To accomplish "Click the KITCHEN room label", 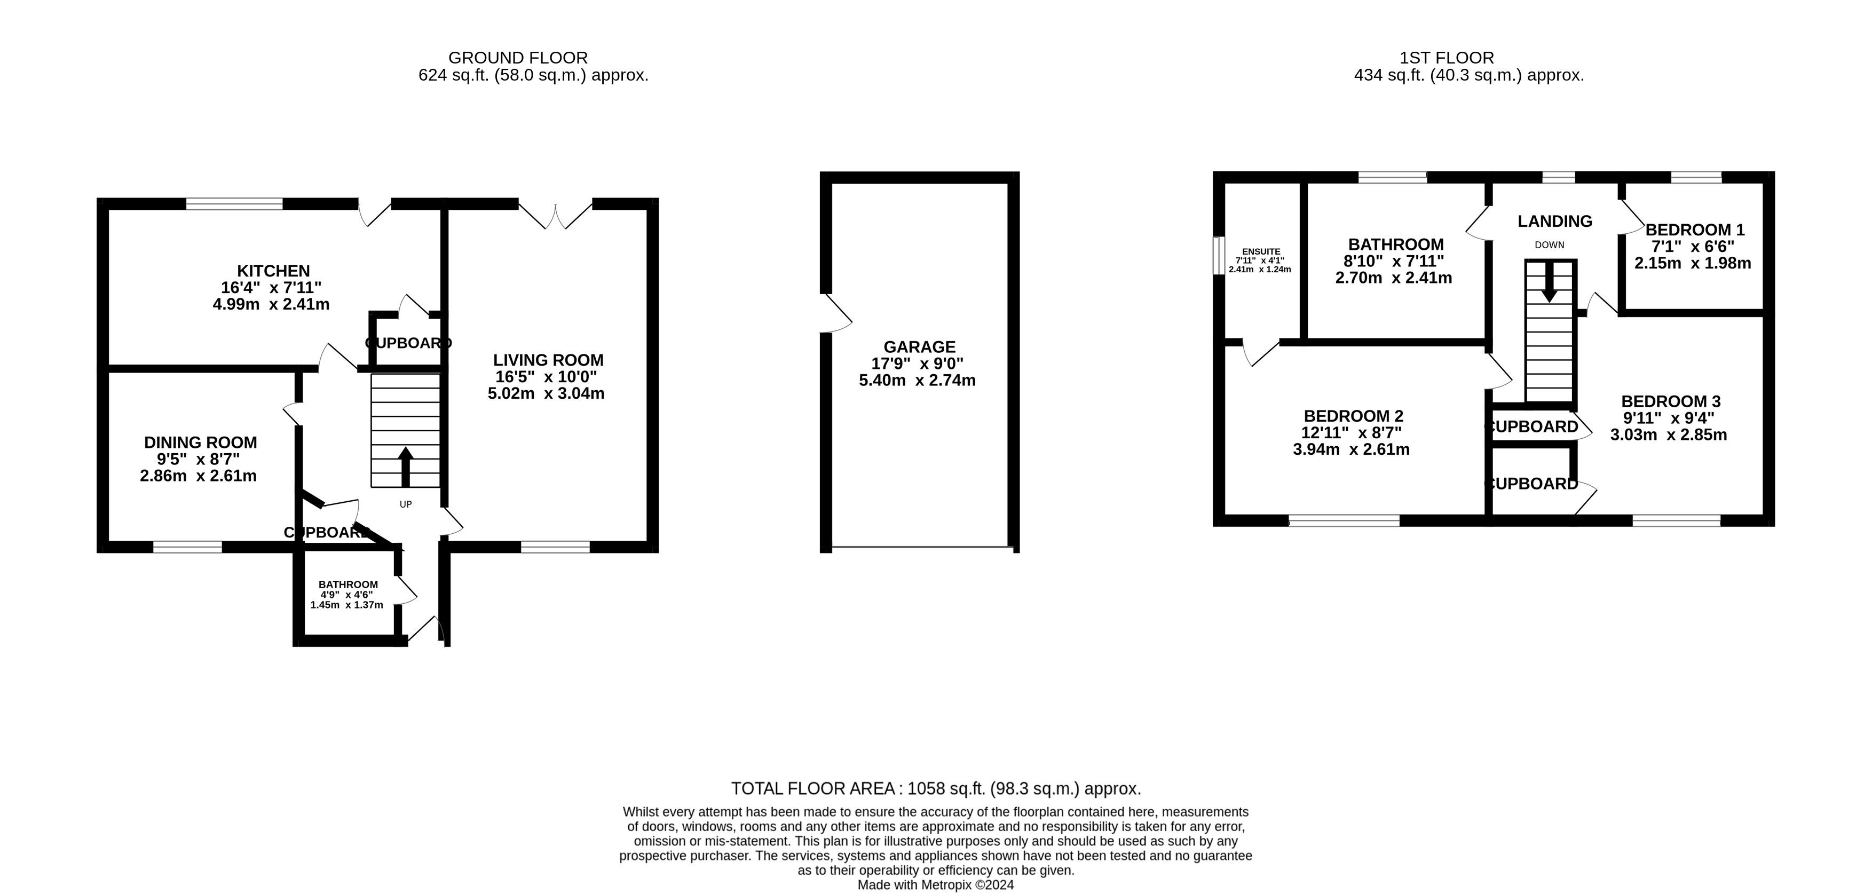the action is point(273,271).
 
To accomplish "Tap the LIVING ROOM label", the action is point(548,360).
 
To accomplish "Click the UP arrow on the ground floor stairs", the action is point(406,467).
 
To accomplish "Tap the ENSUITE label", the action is point(1261,251).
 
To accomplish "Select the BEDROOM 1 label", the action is point(1695,230).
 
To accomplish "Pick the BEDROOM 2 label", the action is point(1353,416).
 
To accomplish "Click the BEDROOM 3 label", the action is point(1671,401).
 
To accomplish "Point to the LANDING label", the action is point(1554,221).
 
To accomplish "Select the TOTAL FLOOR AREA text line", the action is point(936,788).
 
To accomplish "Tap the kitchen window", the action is point(234,203).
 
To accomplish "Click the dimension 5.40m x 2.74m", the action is point(917,380).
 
